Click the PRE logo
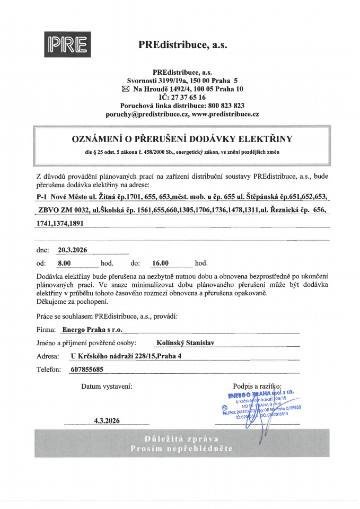click(66, 45)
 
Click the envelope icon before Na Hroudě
click(125, 89)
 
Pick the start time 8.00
click(64, 262)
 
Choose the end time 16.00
click(160, 262)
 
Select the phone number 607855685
click(86, 369)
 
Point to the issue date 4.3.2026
click(107, 420)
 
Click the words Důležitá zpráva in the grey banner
click(182, 438)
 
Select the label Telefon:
click(49, 369)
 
